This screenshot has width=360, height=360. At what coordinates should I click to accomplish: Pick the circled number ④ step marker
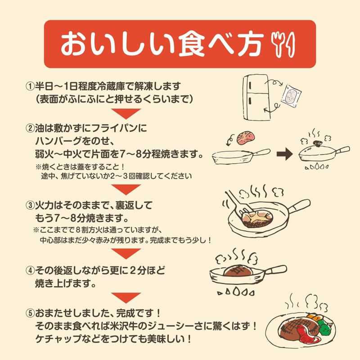tap(30, 271)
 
